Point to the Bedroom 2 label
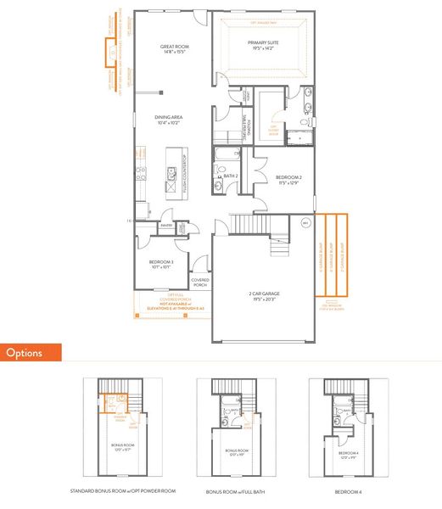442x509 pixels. (x=290, y=179)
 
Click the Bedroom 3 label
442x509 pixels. (x=161, y=265)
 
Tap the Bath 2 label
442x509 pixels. (x=229, y=176)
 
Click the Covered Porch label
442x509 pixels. (x=199, y=282)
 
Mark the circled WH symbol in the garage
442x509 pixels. (x=306, y=223)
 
